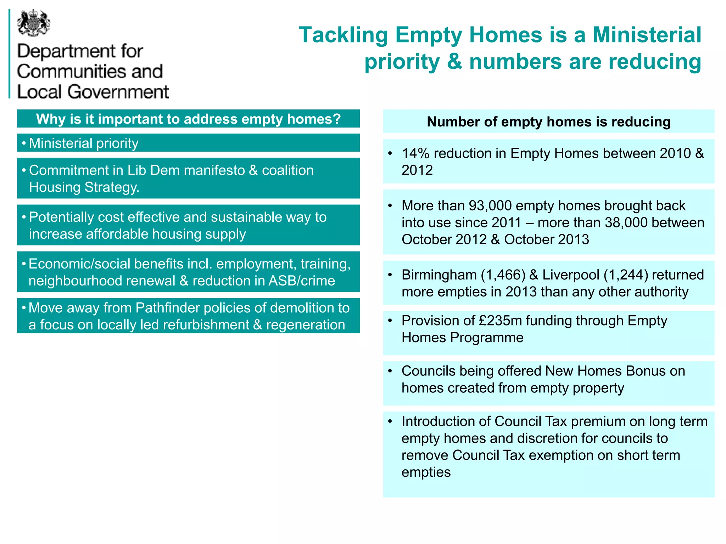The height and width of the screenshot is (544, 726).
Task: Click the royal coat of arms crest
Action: (x=33, y=23)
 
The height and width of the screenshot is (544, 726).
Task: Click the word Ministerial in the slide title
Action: (x=647, y=35)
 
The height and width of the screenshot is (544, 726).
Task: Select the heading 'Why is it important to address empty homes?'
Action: (x=188, y=119)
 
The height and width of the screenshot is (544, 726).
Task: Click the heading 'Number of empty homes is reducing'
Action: (x=548, y=122)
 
